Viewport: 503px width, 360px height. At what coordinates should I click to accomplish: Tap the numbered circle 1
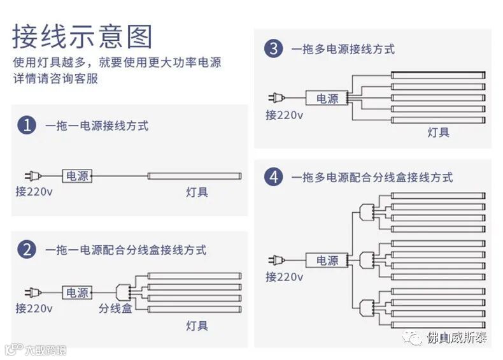coord(27,126)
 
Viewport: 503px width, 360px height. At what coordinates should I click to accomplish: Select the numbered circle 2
coord(27,250)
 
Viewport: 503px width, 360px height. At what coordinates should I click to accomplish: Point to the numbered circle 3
coord(273,48)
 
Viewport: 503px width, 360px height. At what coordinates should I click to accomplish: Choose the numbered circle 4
coord(274,177)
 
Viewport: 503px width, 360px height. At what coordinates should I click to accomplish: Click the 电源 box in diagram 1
coord(78,176)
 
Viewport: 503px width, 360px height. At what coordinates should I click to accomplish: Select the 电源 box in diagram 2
coord(78,292)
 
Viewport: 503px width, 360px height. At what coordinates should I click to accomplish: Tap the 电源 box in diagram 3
coord(327,98)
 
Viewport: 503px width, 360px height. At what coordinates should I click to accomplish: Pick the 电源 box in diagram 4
coord(327,260)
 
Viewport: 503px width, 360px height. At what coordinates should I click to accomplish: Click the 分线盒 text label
coord(115,308)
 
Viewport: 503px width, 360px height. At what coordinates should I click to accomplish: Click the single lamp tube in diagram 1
coord(194,175)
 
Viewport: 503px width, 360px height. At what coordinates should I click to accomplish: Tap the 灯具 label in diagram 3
coord(438,133)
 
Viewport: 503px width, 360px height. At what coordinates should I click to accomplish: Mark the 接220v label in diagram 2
coord(34,308)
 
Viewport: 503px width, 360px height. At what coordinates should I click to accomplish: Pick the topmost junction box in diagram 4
coord(366,210)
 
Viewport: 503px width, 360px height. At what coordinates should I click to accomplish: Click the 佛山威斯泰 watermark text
coord(457,337)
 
